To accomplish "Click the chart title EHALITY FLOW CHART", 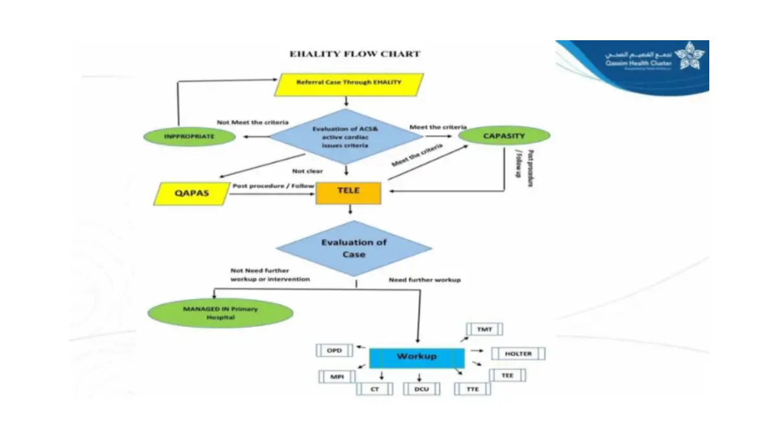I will pos(354,55).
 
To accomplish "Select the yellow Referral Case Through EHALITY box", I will pos(349,83).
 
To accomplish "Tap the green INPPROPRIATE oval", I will pos(189,136).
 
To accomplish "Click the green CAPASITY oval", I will pos(504,136).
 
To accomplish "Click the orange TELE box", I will pos(348,192).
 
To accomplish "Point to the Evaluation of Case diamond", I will pos(354,249).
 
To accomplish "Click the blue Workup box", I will pos(416,357).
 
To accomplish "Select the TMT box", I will pos(485,329).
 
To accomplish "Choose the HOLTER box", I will pos(518,354).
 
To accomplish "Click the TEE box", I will pos(507,375).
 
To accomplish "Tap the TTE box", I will pos(473,389).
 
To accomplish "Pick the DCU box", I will pos(421,389).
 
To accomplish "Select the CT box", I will pos(375,389).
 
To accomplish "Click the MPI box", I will pos(337,376).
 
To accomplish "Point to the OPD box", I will pos(334,350).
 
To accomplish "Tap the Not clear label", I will pos(307,171).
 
